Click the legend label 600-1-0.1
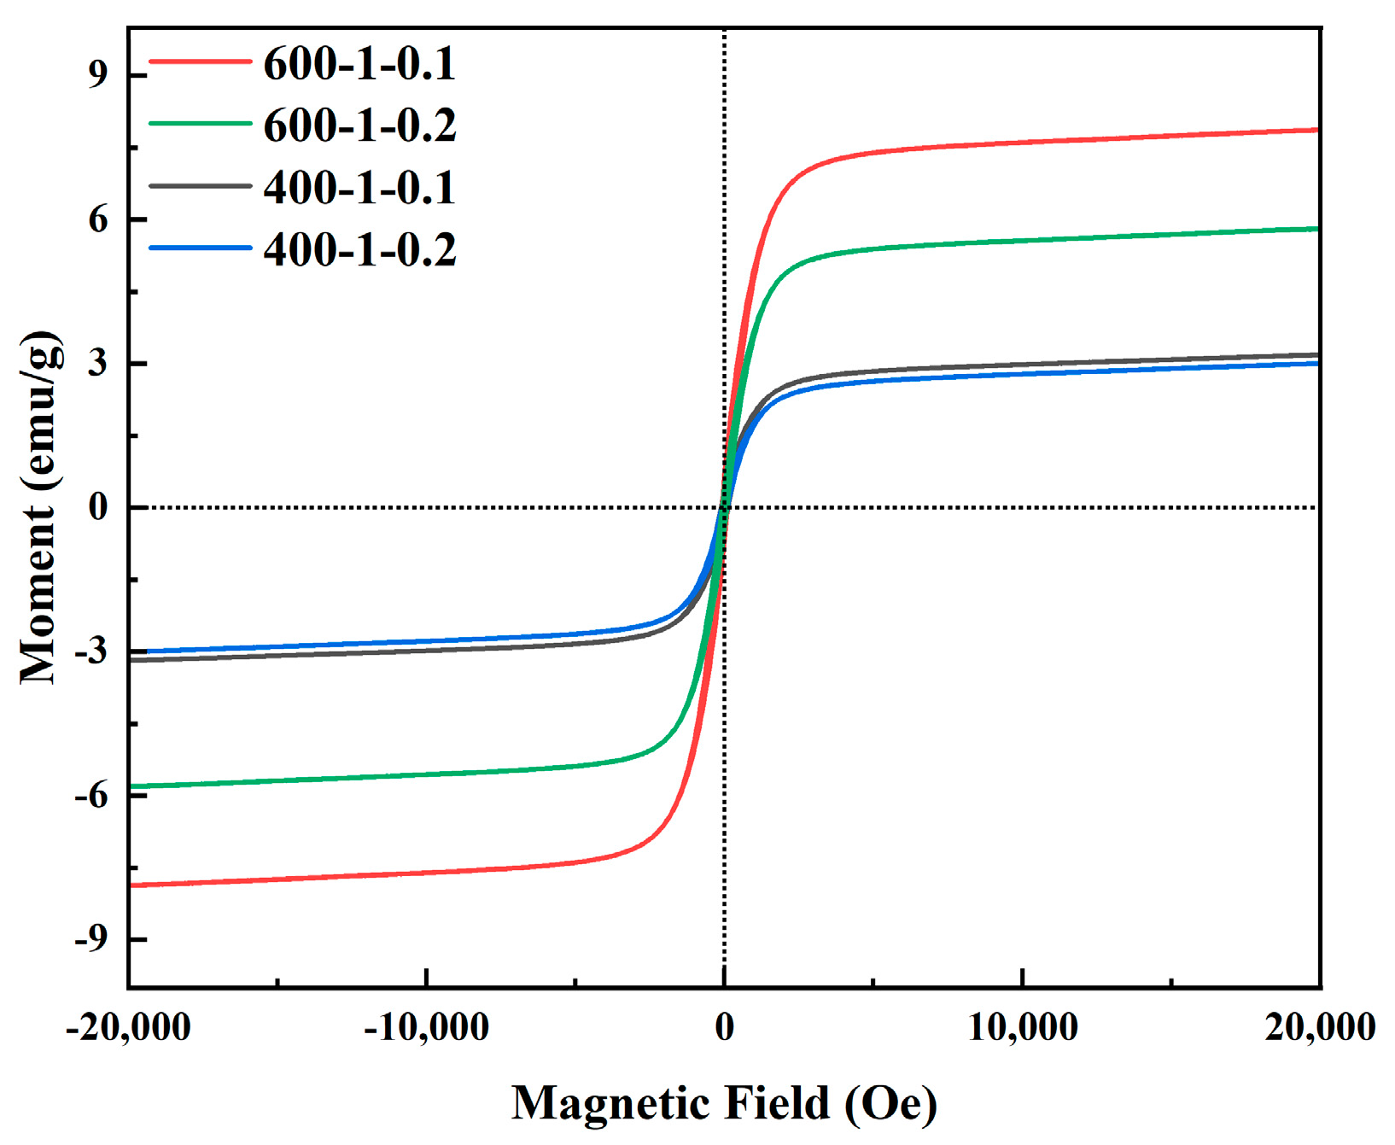pos(359,64)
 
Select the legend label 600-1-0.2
pos(359,126)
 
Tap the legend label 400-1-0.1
pos(359,188)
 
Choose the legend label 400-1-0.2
pos(359,250)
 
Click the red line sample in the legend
pos(200,61)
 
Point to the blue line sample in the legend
pos(200,248)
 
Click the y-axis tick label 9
pos(99,75)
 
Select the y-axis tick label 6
pos(99,220)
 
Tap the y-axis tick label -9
pos(92,938)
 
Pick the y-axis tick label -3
pos(92,651)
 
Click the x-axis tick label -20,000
pos(128,1026)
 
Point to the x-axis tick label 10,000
pos(1023,1026)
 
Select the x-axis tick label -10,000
pos(426,1026)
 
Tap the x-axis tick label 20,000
pos(1320,1026)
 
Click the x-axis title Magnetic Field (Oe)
pos(724,1103)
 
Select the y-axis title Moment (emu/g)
pos(41,507)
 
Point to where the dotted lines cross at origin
pos(724,507)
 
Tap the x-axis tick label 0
pos(724,1026)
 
